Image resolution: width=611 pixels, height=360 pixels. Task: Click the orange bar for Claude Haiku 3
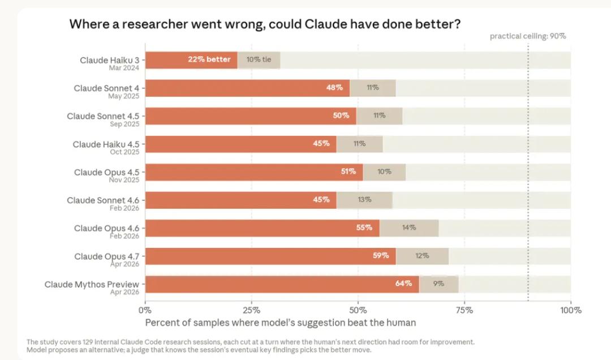coord(191,60)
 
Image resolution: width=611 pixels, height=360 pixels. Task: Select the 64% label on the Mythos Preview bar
coord(403,284)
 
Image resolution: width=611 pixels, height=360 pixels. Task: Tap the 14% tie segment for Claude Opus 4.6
coord(409,228)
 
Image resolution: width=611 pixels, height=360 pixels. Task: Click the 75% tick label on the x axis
coord(464,310)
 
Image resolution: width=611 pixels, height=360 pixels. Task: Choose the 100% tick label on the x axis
coord(571,310)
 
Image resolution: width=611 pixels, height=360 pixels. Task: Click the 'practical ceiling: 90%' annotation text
coord(528,36)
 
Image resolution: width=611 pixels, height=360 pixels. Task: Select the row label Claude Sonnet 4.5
coord(103,116)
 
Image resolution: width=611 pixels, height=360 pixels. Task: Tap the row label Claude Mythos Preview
coord(92,284)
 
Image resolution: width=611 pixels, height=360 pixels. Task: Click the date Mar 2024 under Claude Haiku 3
coord(124,68)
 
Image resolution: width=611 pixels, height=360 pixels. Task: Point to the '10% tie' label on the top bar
coord(259,59)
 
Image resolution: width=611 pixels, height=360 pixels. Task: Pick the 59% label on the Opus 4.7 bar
coord(381,255)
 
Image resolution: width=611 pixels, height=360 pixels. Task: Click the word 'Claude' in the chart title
coord(325,24)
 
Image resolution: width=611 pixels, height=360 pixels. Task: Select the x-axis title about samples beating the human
coord(281,323)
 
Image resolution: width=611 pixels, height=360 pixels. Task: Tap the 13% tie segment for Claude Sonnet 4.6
coord(364,200)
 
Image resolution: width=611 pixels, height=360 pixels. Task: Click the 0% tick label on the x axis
coord(145,310)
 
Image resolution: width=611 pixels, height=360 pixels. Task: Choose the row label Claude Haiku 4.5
coord(106,144)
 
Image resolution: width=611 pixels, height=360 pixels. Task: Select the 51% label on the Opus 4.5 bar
coord(348,171)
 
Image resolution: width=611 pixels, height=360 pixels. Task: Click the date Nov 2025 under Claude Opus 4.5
coord(124,180)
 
